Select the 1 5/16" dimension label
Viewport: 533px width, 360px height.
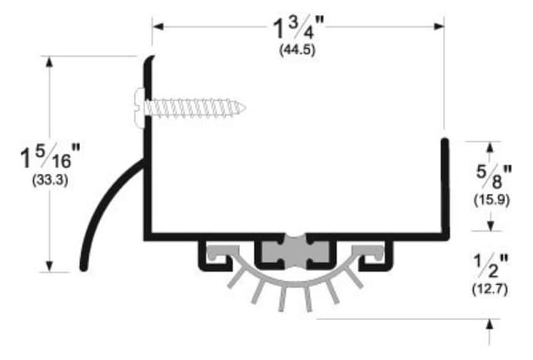coord(51,156)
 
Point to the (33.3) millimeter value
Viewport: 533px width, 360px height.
coord(50,179)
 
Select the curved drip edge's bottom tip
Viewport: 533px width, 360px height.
coord(83,267)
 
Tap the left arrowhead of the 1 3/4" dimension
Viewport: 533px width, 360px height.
coord(157,27)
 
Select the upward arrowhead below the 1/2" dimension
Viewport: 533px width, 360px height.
coord(490,323)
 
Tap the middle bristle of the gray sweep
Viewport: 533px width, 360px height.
coord(284,298)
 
